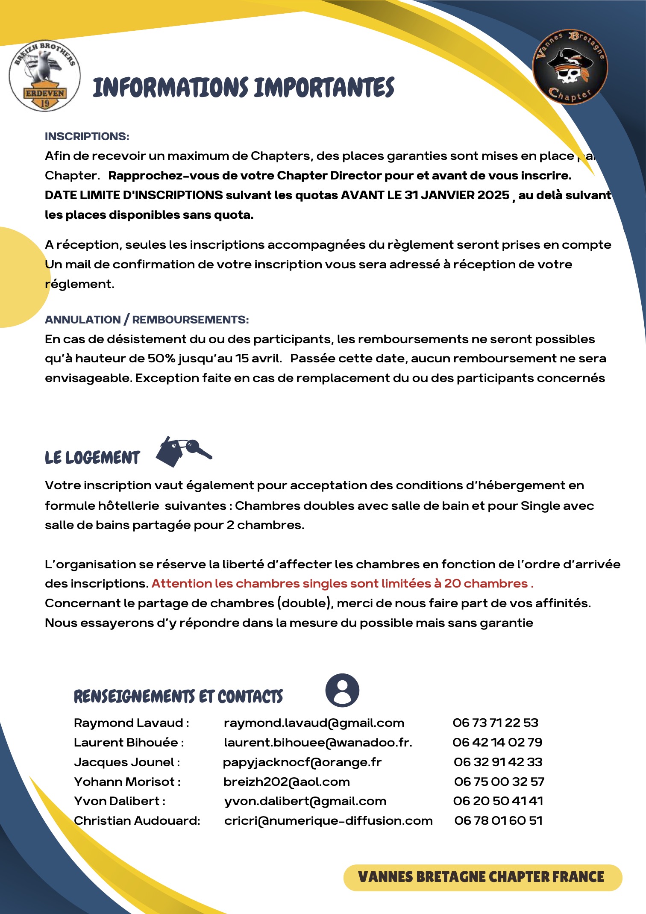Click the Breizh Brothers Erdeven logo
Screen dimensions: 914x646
click(44, 76)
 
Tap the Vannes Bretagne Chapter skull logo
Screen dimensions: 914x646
click(570, 67)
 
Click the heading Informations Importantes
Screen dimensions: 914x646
click(243, 88)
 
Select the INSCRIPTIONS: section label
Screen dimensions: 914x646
click(87, 136)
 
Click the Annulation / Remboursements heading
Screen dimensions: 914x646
click(147, 320)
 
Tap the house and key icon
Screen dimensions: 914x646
click(183, 451)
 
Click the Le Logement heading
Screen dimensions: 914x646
click(92, 458)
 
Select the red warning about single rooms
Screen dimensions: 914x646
click(342, 584)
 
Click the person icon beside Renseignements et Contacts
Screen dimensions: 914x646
click(342, 690)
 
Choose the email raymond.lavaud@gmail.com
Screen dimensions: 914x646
click(314, 723)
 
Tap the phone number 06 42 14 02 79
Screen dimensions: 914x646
click(497, 742)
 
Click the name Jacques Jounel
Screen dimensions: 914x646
click(124, 762)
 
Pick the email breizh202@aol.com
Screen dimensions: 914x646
click(287, 782)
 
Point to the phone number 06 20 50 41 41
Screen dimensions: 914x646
click(498, 801)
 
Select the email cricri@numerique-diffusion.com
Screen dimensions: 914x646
click(328, 821)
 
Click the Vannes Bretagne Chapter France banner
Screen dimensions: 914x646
click(482, 878)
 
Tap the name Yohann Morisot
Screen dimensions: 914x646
click(124, 782)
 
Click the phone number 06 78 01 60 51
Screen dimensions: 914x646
click(499, 821)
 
